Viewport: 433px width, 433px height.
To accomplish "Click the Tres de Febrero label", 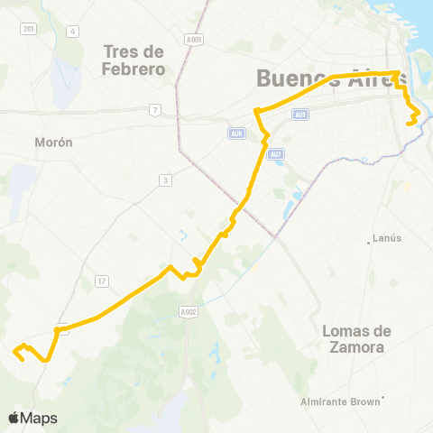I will pos(134,60).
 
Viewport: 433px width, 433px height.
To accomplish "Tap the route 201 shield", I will pos(29,29).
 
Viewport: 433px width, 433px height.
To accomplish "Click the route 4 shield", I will pos(71,32).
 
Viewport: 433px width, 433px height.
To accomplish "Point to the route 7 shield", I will pos(156,110).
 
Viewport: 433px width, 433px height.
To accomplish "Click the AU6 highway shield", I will pos(235,134).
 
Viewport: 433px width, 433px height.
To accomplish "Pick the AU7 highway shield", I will pos(276,153).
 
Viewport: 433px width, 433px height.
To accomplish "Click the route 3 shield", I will pos(164,180).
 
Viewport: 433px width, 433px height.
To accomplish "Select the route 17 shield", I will pos(101,281).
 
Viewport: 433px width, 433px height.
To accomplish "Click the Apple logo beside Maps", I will pos(14,418).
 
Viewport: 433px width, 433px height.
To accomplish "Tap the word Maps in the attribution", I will pos(40,418).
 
